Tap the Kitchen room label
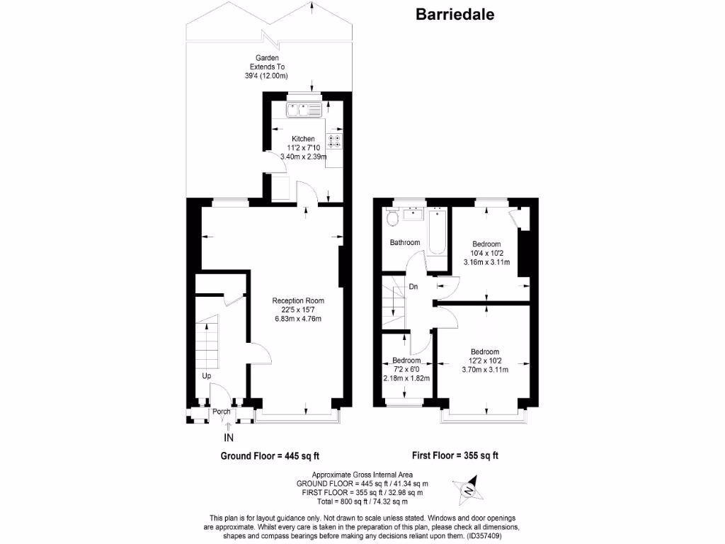click(303, 139)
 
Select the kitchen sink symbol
click(304, 109)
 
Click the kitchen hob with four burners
click(334, 141)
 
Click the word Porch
click(222, 411)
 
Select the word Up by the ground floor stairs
click(207, 376)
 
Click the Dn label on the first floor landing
click(413, 287)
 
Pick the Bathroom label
click(405, 243)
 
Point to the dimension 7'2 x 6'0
click(406, 369)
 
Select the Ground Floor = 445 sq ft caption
click(265, 455)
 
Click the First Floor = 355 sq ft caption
click(455, 455)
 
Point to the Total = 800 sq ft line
click(361, 500)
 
